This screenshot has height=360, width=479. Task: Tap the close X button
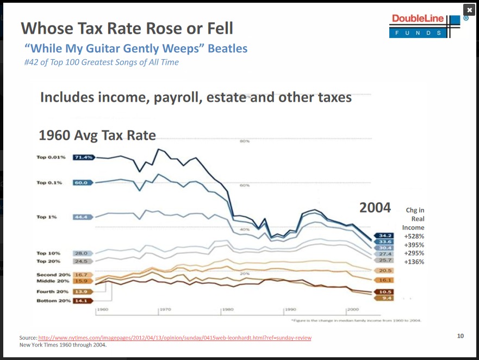[x=469, y=10]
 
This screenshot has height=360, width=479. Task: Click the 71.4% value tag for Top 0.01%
[x=84, y=157]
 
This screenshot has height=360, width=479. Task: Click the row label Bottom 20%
[x=53, y=301]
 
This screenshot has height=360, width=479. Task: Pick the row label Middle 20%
[x=53, y=281]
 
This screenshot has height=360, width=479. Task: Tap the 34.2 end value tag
[x=385, y=235]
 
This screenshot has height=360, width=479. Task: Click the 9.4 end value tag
[x=385, y=298]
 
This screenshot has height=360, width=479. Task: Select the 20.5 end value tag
[x=385, y=270]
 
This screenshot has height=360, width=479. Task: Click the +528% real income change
[x=414, y=237]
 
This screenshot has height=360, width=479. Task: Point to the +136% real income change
[x=414, y=262]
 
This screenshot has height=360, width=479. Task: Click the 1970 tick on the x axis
[x=165, y=309]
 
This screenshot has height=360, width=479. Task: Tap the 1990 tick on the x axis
[x=290, y=309]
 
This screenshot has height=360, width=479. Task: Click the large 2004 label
[x=375, y=207]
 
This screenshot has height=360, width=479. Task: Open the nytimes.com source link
[x=175, y=338]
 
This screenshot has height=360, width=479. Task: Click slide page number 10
[x=461, y=336]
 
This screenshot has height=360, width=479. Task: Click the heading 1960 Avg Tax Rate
[x=97, y=135]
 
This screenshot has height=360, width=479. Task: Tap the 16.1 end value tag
[x=385, y=280]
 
